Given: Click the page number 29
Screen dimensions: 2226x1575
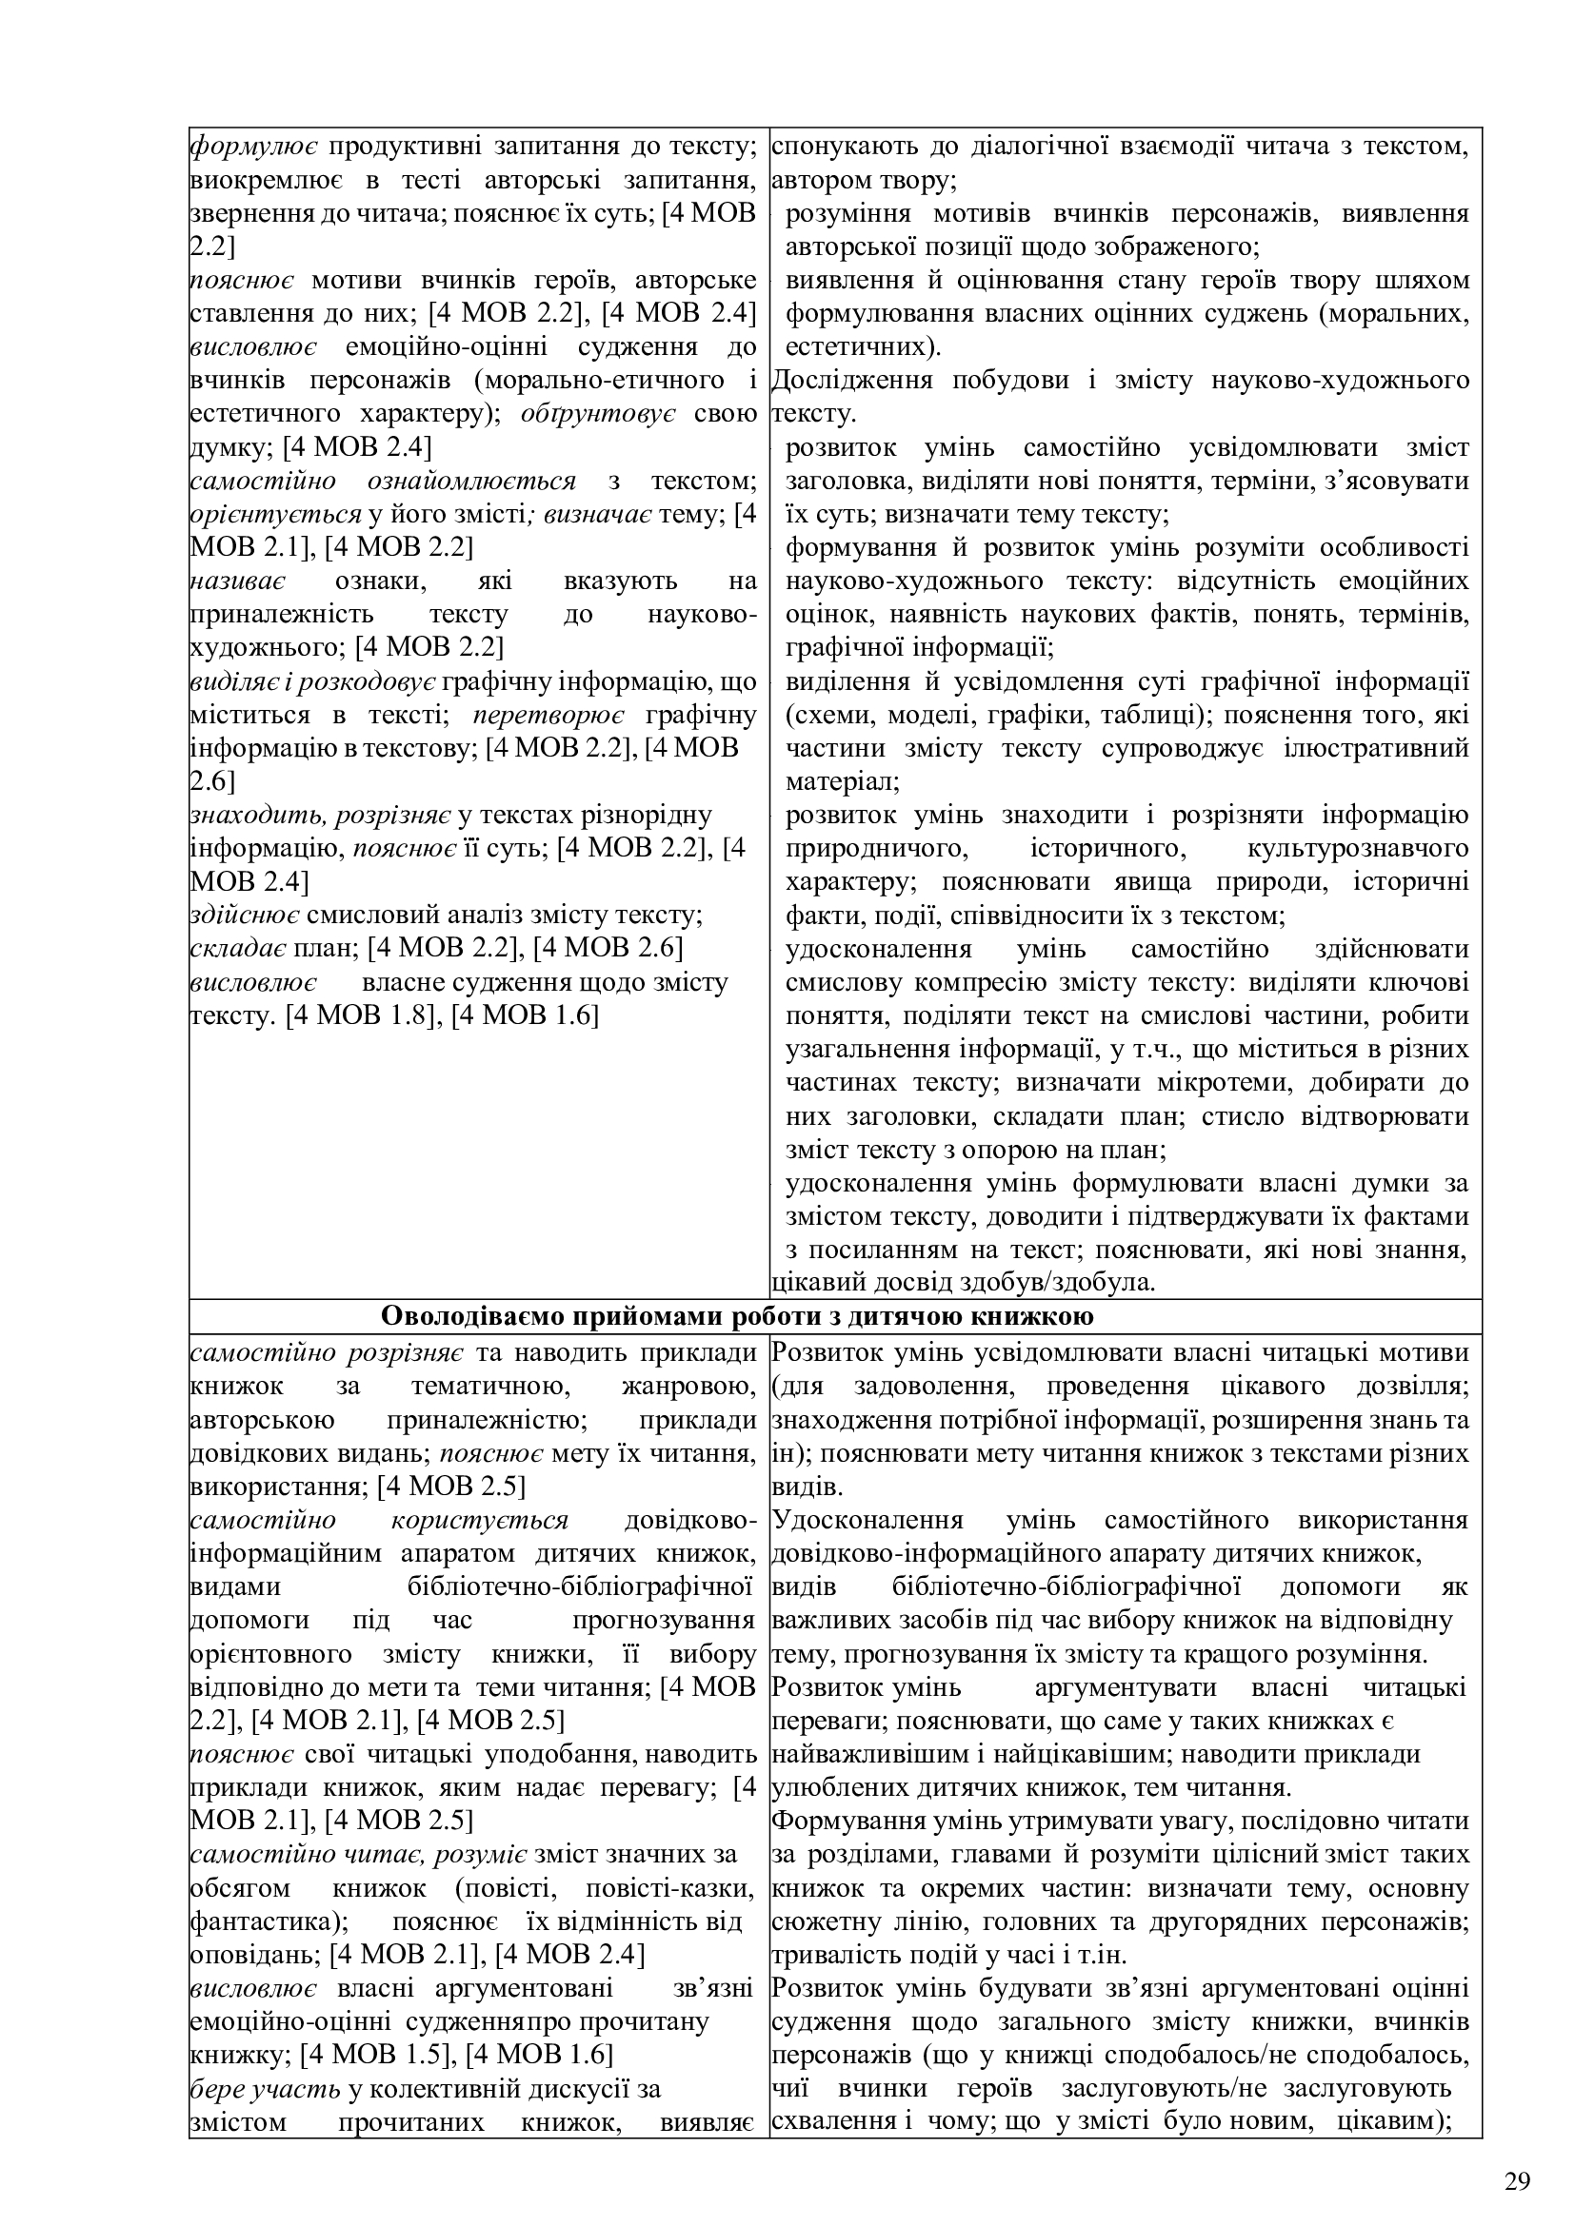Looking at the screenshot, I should [x=1518, y=2155].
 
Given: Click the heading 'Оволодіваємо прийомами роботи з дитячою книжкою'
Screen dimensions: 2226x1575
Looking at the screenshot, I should [x=737, y=1315].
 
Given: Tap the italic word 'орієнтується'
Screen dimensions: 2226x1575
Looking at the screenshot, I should [x=274, y=514].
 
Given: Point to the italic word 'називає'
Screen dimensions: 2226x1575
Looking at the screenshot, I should [x=237, y=581].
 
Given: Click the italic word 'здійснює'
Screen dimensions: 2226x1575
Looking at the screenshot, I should [x=245, y=915].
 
